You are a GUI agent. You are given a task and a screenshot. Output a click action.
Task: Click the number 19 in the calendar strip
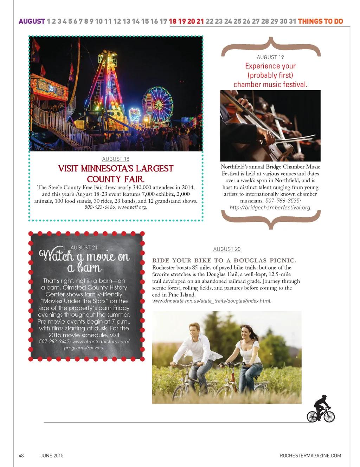click(x=182, y=21)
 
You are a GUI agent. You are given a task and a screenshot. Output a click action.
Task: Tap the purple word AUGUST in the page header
click(x=32, y=21)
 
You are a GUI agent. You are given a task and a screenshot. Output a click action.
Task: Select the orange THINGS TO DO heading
click(x=320, y=21)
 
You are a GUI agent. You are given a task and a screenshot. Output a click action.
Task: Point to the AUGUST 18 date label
click(x=116, y=159)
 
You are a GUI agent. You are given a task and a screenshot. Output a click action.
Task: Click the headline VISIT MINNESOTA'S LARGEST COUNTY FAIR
click(x=116, y=174)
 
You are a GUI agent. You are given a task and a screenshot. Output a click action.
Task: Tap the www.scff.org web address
click(x=132, y=207)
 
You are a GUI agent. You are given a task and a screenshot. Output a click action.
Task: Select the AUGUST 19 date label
click(x=270, y=57)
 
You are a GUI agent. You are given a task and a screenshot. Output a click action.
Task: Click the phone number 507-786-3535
click(x=283, y=201)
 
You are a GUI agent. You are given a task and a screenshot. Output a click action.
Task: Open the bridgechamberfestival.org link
click(x=270, y=207)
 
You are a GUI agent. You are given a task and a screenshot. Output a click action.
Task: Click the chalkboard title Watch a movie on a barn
click(x=84, y=261)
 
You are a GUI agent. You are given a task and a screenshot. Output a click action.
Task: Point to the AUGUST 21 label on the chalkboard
click(x=84, y=248)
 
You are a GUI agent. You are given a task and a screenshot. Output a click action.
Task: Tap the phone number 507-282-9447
click(x=54, y=342)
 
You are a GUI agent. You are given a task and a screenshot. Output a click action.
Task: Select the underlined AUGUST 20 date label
click(x=227, y=249)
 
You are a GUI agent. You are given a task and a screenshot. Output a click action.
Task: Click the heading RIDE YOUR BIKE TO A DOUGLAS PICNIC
click(x=224, y=260)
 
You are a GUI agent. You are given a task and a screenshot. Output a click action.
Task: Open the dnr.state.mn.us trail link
click(x=212, y=301)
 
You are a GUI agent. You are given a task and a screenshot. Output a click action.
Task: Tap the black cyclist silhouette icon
click(x=321, y=409)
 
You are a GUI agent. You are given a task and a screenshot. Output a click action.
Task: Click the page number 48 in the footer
click(x=21, y=455)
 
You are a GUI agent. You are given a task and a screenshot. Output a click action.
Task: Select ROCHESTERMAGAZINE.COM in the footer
click(x=310, y=455)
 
